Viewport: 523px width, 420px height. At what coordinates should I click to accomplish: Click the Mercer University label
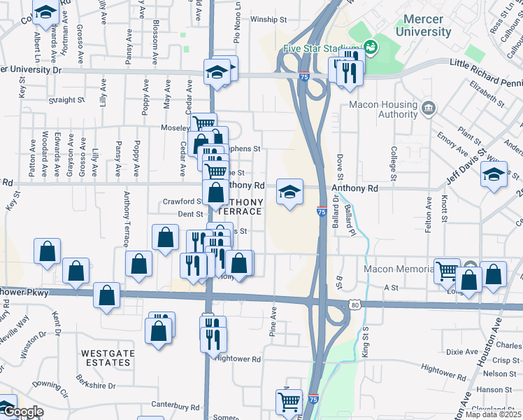click(x=423, y=26)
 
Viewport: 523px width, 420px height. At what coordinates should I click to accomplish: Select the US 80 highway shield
click(x=356, y=304)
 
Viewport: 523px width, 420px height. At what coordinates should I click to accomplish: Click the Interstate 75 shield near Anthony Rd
click(x=321, y=209)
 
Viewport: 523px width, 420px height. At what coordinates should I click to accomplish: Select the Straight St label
click(x=67, y=100)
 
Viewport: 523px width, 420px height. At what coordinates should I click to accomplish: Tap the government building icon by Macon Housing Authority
click(x=429, y=109)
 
